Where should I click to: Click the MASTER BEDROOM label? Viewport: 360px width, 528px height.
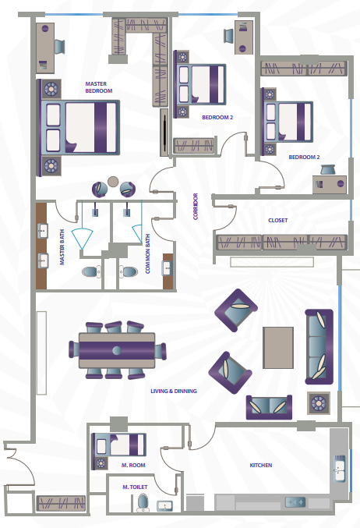99,87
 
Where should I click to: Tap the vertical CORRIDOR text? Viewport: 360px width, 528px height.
196,206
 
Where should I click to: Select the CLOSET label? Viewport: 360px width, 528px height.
278,220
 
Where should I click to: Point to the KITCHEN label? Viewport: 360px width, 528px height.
261,465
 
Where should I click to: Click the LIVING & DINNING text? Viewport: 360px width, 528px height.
174,391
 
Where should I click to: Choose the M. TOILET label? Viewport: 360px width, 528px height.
135,487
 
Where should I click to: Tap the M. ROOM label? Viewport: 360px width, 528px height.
133,465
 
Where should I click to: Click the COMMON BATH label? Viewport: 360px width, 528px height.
147,254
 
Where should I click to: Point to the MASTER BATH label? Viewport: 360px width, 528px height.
62,247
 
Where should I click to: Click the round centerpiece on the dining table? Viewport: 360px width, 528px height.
117,350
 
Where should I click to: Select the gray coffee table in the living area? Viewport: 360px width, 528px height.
278,348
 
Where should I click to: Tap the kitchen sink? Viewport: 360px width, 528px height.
340,469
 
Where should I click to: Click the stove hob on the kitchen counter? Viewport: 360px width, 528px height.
295,502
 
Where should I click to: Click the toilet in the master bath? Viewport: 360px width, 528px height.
91,271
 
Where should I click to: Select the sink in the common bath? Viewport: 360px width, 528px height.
168,269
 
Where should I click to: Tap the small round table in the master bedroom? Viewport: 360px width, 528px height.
113,181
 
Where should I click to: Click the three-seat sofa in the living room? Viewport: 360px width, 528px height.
319,347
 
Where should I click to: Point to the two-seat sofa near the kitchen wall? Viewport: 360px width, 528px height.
269,407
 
